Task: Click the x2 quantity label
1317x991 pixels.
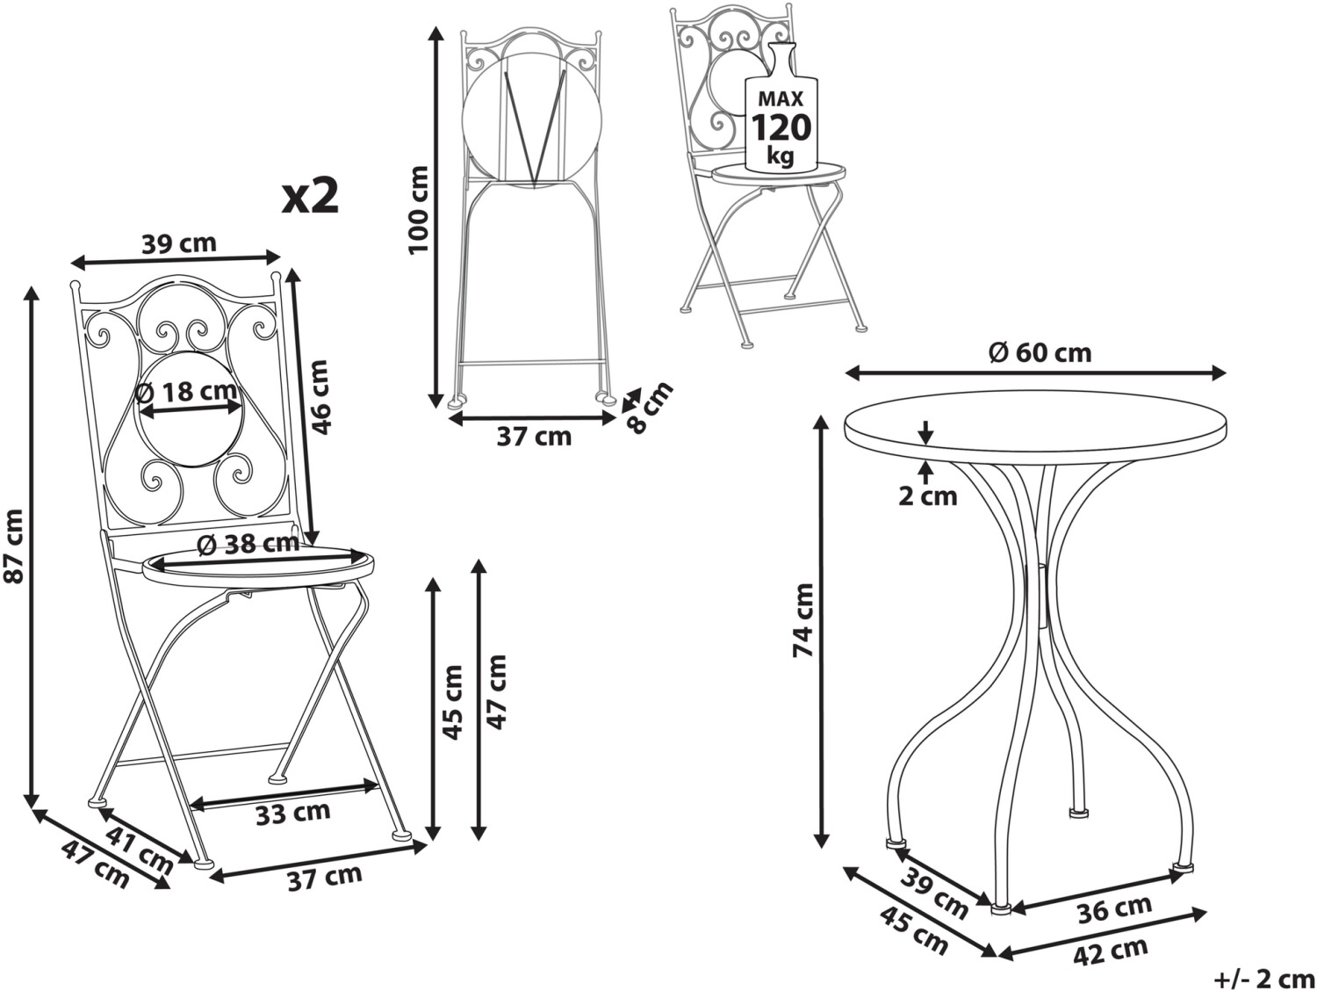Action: coord(311,197)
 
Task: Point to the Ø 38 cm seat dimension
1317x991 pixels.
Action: coord(248,544)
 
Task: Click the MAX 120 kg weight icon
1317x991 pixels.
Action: coord(781,105)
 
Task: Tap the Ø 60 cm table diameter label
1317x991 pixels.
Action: coord(1040,353)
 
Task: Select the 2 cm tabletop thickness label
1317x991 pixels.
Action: coord(927,496)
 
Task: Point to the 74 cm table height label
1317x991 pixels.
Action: coord(803,619)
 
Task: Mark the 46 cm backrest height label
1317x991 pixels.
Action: coord(321,397)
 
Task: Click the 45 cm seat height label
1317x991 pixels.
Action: coord(453,702)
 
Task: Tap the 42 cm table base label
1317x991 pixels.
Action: coord(1111,951)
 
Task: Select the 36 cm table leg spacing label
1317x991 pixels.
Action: coord(1115,909)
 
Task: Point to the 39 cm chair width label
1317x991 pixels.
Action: coord(179,243)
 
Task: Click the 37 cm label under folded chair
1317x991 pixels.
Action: coord(534,437)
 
